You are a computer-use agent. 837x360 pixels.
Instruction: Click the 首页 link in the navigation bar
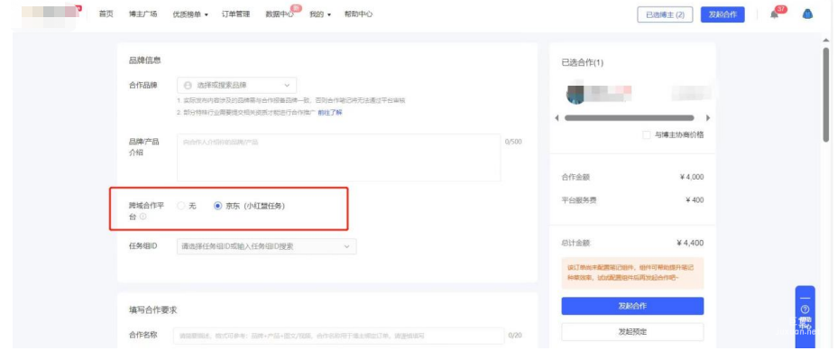coord(106,14)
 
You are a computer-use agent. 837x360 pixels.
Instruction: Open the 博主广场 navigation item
coord(143,14)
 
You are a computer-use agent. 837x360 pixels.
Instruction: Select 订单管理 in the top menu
coord(235,14)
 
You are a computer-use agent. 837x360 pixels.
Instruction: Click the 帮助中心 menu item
coord(358,14)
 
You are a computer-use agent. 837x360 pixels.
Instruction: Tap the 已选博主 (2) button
coord(666,14)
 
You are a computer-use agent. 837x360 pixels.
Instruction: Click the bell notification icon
coord(774,14)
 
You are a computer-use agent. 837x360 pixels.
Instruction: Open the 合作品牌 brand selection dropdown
coord(236,85)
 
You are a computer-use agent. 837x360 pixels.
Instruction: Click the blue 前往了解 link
coord(330,112)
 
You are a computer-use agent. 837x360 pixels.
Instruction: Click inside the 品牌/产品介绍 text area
coord(338,158)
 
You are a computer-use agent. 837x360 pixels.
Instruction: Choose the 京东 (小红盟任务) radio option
coord(217,206)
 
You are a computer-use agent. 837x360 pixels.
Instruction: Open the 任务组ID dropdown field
coord(266,246)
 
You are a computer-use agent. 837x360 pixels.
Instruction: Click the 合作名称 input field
coord(338,336)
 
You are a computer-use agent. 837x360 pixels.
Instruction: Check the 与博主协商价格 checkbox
coord(646,134)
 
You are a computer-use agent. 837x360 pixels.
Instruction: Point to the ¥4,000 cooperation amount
coord(691,177)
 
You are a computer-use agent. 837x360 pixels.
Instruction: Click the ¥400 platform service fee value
coord(694,200)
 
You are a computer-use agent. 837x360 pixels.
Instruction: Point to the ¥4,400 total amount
coord(690,243)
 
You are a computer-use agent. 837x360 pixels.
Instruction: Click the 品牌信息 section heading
coord(145,60)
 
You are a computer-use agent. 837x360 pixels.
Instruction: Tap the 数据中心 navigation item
coord(279,14)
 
